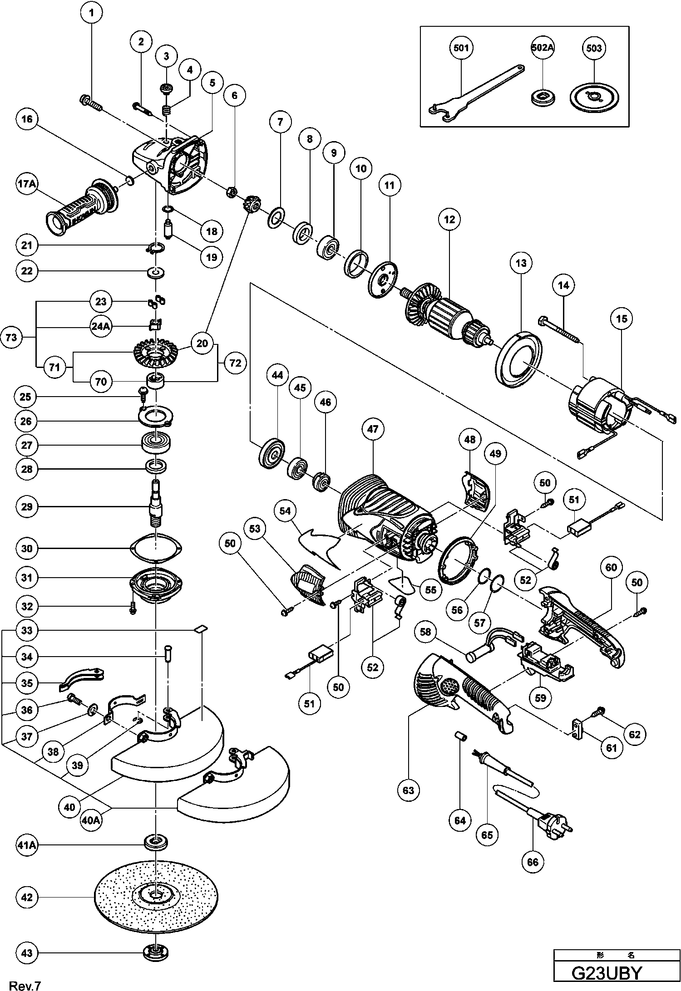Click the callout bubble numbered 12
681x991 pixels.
pos(449,220)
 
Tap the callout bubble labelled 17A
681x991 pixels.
pos(26,185)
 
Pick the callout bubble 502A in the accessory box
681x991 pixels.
pos(543,48)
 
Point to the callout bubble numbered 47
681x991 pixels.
pos(373,429)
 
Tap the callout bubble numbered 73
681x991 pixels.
pos(12,337)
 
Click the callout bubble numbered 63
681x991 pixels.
pos(408,790)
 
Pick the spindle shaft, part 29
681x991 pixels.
pos(156,504)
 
